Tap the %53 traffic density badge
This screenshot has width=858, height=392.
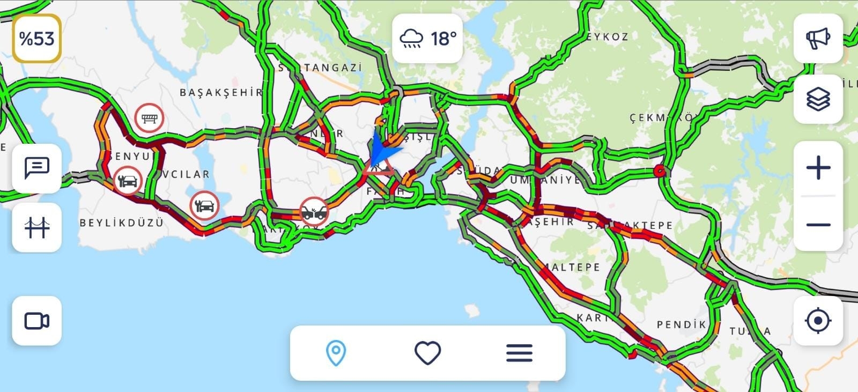[x=36, y=39]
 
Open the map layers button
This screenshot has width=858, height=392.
[x=818, y=99]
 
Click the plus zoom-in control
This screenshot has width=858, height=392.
[x=818, y=168]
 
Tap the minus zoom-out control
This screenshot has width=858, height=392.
[x=818, y=225]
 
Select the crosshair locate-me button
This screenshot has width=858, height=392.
[x=818, y=321]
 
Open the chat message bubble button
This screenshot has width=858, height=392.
[x=36, y=168]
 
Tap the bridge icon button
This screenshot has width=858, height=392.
[x=36, y=227]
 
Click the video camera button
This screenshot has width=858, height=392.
[x=36, y=321]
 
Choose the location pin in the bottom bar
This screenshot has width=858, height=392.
[x=336, y=353]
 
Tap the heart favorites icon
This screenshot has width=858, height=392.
[x=427, y=353]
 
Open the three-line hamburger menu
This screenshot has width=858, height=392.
[x=519, y=353]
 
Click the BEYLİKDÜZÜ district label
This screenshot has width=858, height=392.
[x=121, y=223]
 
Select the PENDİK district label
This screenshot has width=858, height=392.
[x=681, y=324]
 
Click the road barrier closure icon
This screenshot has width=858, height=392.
[x=149, y=118]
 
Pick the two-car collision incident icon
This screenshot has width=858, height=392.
[x=314, y=211]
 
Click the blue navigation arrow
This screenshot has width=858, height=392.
[x=383, y=150]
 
